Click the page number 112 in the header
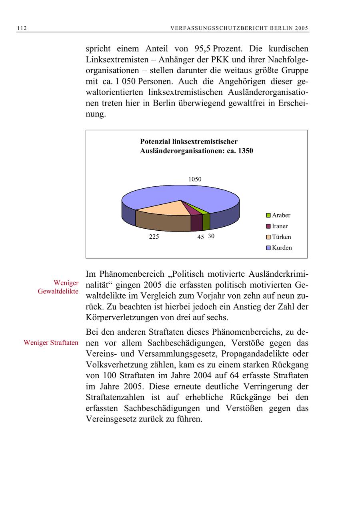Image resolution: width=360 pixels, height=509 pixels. point(22,28)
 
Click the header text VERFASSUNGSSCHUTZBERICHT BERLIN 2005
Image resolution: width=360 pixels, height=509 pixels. point(240,28)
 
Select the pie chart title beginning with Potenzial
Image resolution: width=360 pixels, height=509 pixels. point(196,146)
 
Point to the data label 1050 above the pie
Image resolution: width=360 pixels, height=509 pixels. point(195,179)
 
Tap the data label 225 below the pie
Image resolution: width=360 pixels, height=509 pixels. point(154,237)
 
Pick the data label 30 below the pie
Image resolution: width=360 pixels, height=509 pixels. point(211,236)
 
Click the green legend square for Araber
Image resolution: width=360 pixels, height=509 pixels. point(269,216)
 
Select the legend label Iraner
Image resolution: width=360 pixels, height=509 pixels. point(280,226)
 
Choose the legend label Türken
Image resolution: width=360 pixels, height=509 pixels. point(281,237)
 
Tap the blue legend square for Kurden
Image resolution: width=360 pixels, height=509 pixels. point(269,248)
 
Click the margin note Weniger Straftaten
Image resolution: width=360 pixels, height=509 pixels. point(51,343)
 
